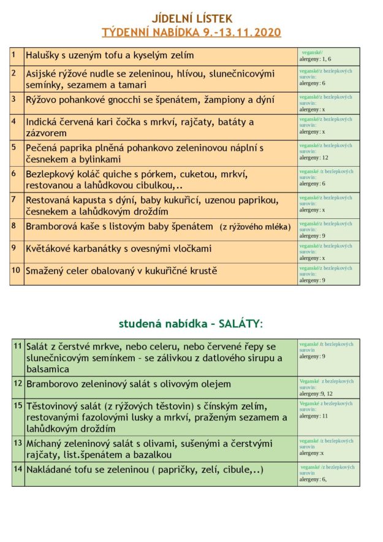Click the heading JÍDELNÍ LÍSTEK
click(191, 20)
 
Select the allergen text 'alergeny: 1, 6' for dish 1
click(315, 59)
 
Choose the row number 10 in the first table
click(16, 270)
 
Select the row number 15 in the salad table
click(18, 405)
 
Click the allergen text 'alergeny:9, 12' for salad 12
click(316, 394)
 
